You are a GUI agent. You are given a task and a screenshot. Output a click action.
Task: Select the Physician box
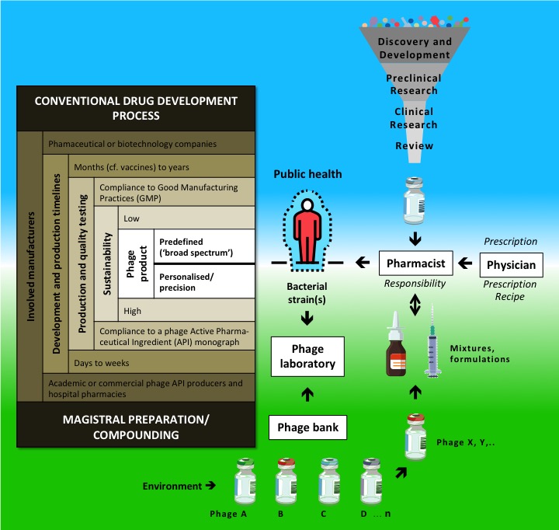(512, 265)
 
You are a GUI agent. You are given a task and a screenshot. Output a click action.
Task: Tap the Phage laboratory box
(307, 355)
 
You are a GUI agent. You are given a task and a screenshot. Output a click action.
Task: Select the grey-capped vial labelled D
(371, 483)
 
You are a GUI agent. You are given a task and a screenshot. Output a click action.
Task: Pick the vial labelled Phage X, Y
(415, 438)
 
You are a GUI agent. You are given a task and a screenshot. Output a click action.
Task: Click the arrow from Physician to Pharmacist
(464, 264)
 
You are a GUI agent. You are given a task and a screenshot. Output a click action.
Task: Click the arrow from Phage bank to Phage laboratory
(307, 395)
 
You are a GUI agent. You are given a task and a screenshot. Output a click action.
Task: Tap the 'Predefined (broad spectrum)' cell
(205, 246)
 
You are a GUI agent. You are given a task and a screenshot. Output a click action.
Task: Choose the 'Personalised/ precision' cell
(205, 281)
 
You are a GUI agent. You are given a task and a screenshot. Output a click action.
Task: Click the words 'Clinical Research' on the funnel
(415, 118)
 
